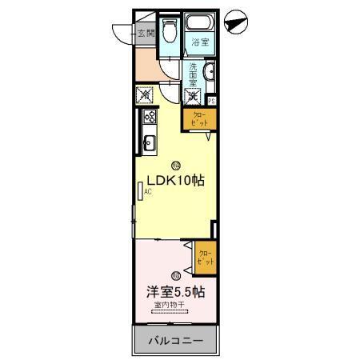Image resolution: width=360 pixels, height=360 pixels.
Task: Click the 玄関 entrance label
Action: (x=146, y=33)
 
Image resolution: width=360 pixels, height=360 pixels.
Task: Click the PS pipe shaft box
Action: (x=212, y=101)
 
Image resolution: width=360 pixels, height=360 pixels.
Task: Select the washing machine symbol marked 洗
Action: (x=193, y=97)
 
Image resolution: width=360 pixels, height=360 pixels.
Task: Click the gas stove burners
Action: (x=148, y=118)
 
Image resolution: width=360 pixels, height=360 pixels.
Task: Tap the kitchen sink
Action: (x=148, y=144)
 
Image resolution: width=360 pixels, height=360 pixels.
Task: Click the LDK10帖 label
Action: (x=174, y=180)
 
